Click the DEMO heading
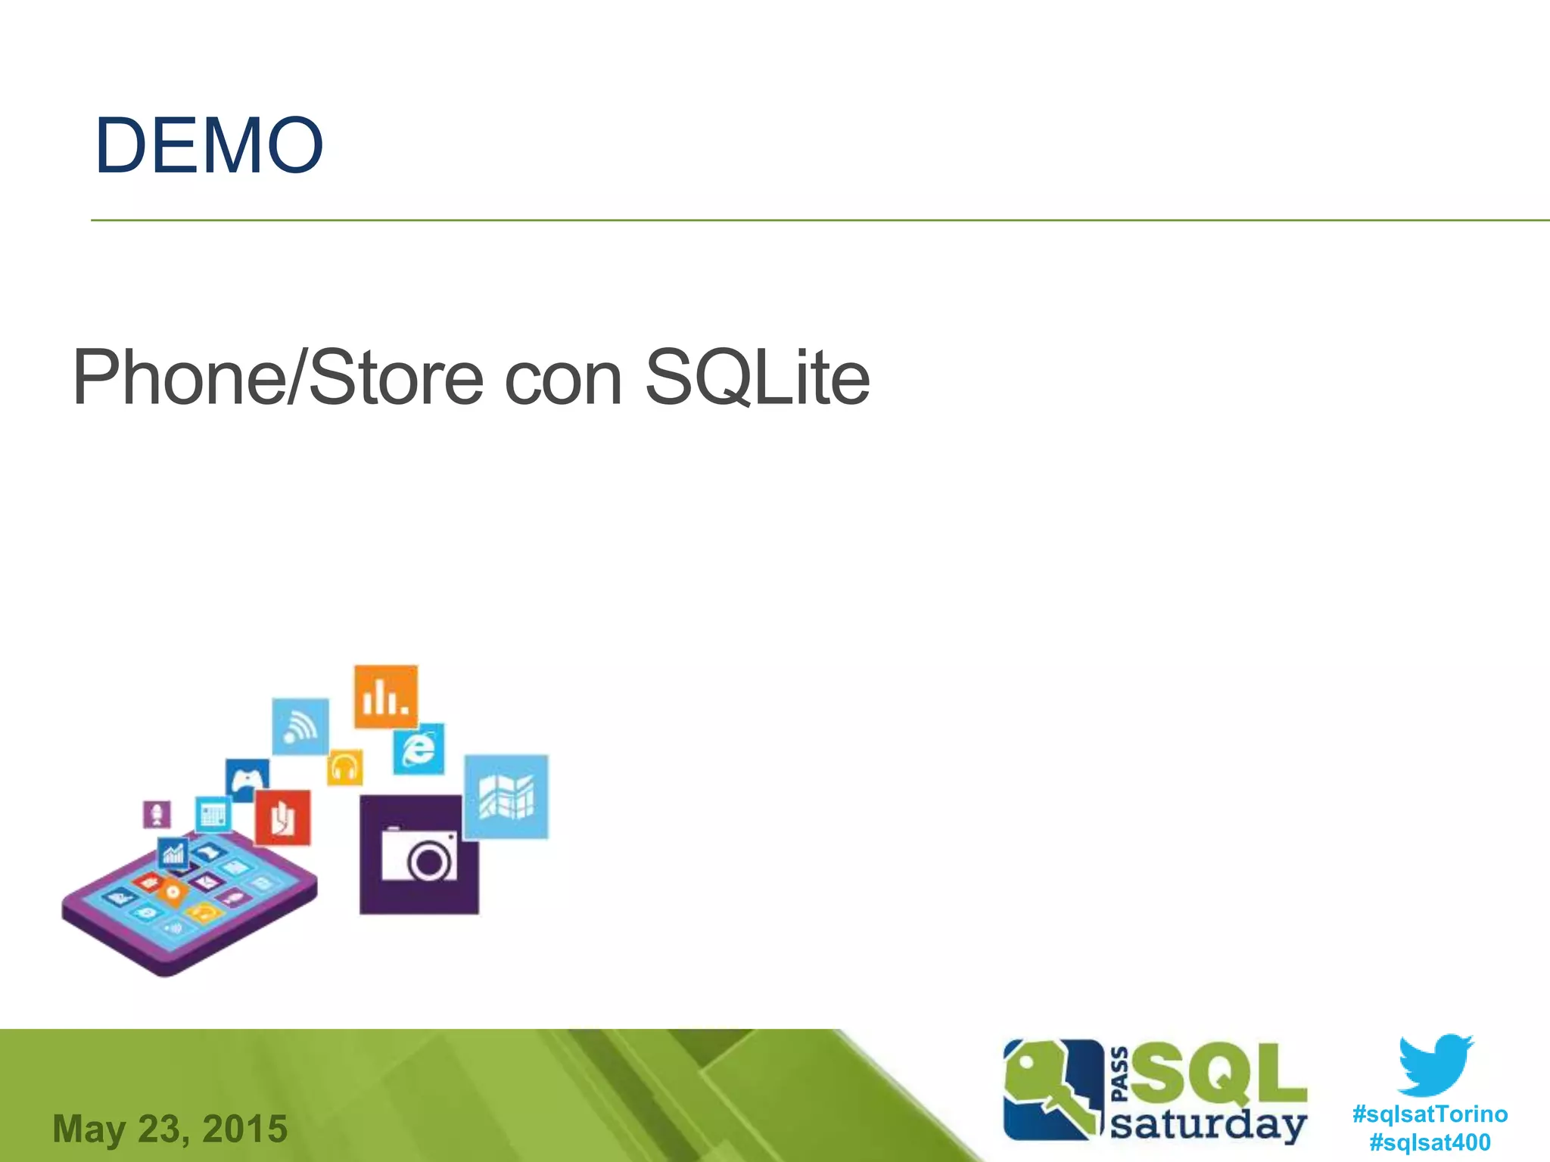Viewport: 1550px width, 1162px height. tap(209, 145)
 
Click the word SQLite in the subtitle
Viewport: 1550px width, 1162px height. tap(756, 377)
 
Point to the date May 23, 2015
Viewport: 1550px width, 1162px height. tap(170, 1129)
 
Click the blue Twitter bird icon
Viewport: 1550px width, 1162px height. tap(1435, 1064)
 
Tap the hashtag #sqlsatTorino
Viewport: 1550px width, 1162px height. tap(1430, 1114)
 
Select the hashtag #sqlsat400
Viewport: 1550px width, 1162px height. tap(1430, 1142)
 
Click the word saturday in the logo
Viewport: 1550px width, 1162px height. tap(1209, 1125)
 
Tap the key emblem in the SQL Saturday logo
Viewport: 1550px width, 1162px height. tap(1052, 1089)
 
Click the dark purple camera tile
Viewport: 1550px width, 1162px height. tap(419, 855)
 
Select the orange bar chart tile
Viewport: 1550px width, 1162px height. tap(386, 697)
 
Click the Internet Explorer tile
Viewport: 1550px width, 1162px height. tap(419, 749)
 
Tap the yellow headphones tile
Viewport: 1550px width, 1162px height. tap(345, 769)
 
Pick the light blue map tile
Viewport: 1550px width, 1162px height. tap(506, 797)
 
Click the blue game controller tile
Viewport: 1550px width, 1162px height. tap(247, 780)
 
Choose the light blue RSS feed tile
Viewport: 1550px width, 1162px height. tap(300, 726)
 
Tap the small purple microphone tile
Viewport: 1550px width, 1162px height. tap(157, 814)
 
